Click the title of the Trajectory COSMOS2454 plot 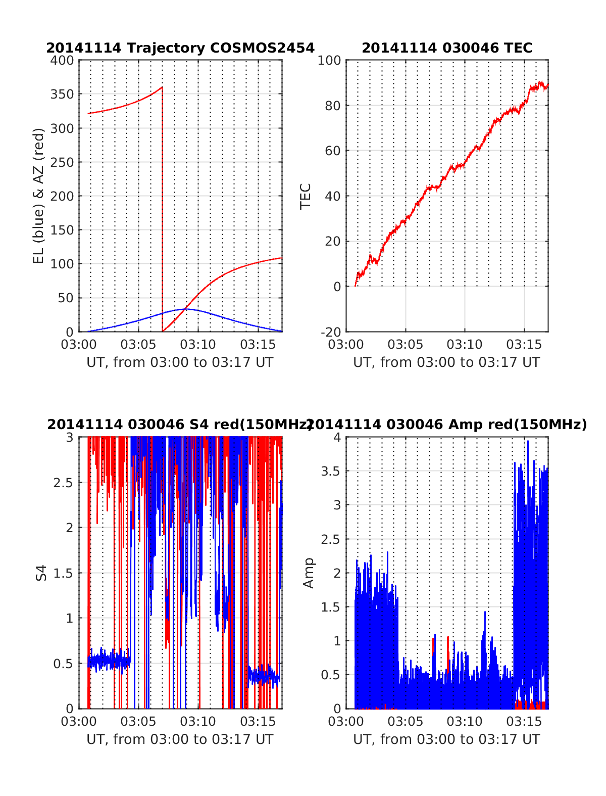(x=180, y=48)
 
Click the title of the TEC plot (x=447, y=48)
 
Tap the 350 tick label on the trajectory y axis (x=62, y=95)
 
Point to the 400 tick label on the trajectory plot (x=62, y=61)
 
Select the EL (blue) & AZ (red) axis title (x=39, y=196)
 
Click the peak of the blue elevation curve (x=186, y=309)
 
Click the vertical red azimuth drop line (x=163, y=212)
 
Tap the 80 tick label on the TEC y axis (x=333, y=106)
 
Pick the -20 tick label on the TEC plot (x=331, y=332)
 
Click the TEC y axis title (x=306, y=196)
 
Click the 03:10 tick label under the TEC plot (x=465, y=345)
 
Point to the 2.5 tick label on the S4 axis (x=63, y=483)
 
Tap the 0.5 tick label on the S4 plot (x=63, y=664)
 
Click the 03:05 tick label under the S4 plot (x=138, y=721)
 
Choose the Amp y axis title (x=309, y=573)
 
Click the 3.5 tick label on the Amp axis (x=331, y=472)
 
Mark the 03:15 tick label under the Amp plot (x=524, y=721)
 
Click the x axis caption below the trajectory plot (x=180, y=362)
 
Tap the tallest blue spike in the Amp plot (x=528, y=442)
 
